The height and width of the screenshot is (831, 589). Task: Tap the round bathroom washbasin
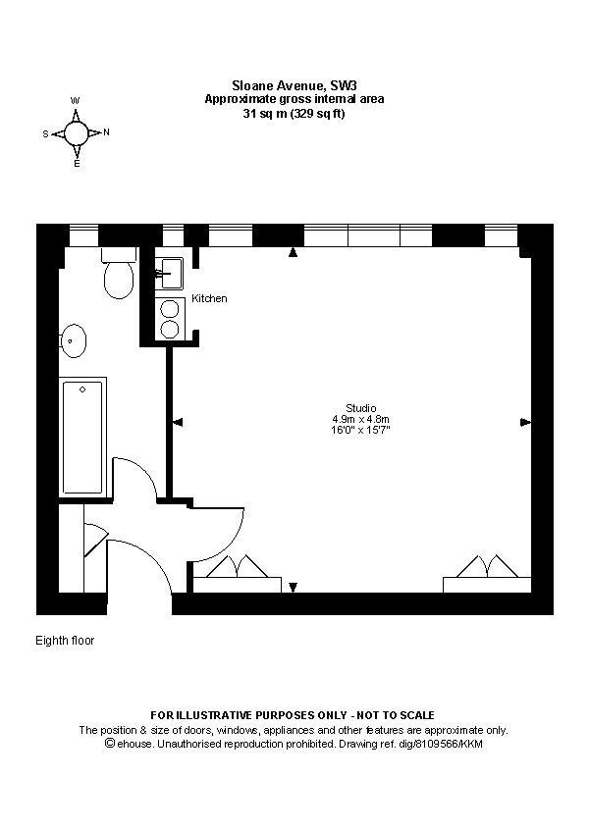pos(75,340)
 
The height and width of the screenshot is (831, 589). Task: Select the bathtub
pos(82,438)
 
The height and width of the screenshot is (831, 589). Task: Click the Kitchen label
pos(209,298)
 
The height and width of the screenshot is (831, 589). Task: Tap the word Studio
pos(360,408)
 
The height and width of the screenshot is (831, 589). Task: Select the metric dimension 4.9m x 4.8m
pos(360,419)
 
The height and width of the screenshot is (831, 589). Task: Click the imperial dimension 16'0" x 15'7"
pos(360,430)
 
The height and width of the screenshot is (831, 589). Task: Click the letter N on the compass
pos(106,132)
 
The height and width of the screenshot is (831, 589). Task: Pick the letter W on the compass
pos(76,101)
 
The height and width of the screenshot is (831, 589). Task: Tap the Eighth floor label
pos(65,641)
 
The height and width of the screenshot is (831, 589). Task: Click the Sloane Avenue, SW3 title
pos(294,86)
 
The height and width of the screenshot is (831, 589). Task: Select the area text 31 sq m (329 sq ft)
pos(294,113)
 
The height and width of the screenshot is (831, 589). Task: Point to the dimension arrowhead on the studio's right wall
pos(525,422)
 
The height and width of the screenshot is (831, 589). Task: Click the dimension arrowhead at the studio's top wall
pos(293,253)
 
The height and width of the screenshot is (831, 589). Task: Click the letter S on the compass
pos(45,132)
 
